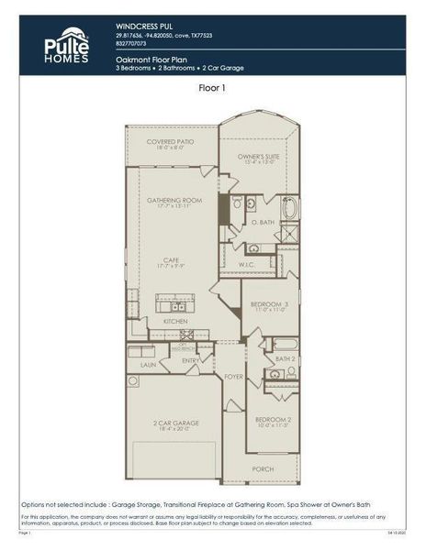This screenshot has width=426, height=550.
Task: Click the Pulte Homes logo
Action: tap(67, 46)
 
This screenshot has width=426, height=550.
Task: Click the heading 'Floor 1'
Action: tap(212, 89)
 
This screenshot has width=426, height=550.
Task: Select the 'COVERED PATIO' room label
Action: tap(170, 141)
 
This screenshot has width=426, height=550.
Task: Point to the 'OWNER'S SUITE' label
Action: tap(258, 157)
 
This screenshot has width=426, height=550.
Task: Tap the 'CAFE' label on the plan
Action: tap(171, 259)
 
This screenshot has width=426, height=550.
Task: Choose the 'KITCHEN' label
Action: tap(175, 322)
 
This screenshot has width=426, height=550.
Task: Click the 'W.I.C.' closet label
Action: tap(247, 265)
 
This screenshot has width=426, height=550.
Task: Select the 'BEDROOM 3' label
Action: tap(271, 303)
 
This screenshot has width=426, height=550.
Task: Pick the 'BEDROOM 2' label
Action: tap(273, 419)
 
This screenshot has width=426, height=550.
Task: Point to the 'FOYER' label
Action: tap(233, 376)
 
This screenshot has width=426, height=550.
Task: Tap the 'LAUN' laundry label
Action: tap(148, 364)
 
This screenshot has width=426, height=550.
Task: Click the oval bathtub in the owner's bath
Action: tap(290, 208)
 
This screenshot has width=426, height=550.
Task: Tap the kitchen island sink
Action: tap(174, 307)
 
